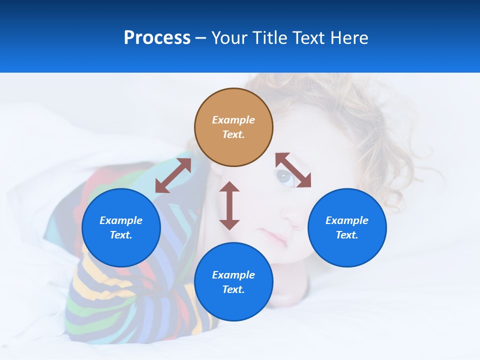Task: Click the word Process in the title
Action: pyautogui.click(x=157, y=38)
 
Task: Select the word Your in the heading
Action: pyautogui.click(x=230, y=38)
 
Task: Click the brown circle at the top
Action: pyautogui.click(x=233, y=127)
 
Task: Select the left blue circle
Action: pyautogui.click(x=121, y=227)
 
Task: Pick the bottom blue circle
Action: pyautogui.click(x=233, y=281)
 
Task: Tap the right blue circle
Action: pyautogui.click(x=347, y=227)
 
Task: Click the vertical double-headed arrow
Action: pyautogui.click(x=229, y=205)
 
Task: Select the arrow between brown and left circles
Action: pyautogui.click(x=173, y=175)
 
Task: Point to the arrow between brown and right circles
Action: pyautogui.click(x=293, y=170)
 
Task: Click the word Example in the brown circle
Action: pyautogui.click(x=233, y=120)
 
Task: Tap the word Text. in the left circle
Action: pyautogui.click(x=121, y=235)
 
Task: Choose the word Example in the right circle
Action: pyautogui.click(x=347, y=220)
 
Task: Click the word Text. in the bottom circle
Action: pyautogui.click(x=233, y=289)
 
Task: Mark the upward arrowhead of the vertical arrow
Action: pyautogui.click(x=229, y=187)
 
